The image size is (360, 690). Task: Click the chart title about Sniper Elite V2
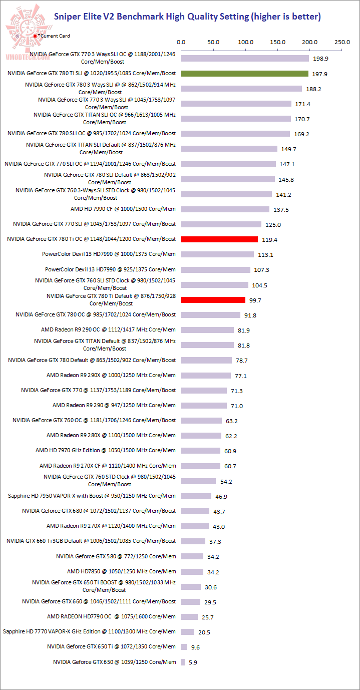tap(187, 17)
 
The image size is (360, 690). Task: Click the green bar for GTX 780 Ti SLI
tap(245, 74)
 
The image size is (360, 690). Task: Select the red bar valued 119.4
tap(219, 239)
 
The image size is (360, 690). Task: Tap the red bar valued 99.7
tap(213, 300)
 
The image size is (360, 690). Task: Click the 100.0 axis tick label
tap(245, 43)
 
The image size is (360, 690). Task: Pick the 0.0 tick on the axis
tap(181, 43)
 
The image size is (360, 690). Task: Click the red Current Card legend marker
tap(35, 36)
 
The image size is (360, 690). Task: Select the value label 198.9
tap(320, 59)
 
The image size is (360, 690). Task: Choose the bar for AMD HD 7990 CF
tap(225, 209)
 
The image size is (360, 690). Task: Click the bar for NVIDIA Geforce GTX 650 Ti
tap(184, 647)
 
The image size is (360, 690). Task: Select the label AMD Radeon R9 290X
tap(111, 375)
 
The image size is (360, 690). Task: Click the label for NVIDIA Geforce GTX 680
tap(99, 511)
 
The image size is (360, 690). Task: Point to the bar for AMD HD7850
tap(192, 571)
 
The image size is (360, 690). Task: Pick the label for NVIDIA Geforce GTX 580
tap(116, 556)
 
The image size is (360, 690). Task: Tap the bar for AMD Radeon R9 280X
tap(201, 436)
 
